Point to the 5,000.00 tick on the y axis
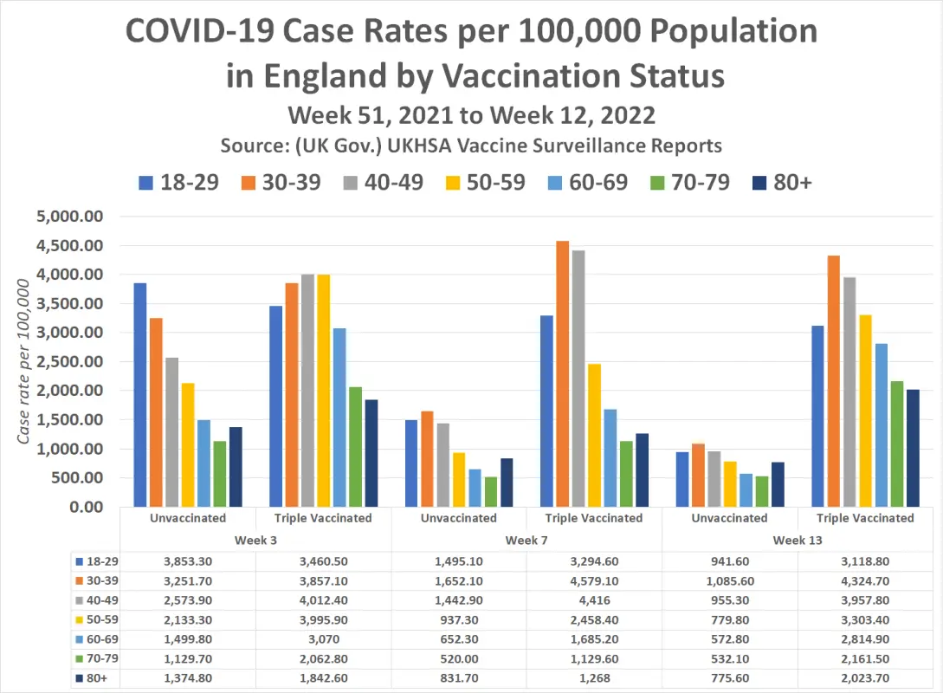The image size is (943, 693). (x=70, y=217)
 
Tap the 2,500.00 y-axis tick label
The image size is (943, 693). (x=70, y=362)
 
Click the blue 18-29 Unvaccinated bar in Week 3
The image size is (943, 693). (x=140, y=394)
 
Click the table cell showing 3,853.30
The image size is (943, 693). (x=189, y=561)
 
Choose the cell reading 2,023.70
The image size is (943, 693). (x=865, y=678)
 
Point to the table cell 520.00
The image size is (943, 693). (x=458, y=659)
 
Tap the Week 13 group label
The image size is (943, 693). (x=798, y=539)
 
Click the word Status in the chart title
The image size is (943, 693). (x=666, y=75)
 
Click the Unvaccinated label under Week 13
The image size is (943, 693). (x=730, y=518)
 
